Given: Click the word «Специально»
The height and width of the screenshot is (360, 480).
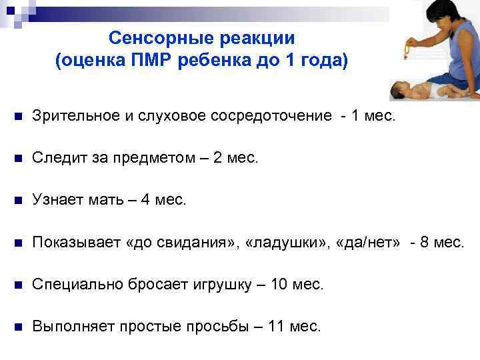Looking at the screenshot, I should pos(75,285).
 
